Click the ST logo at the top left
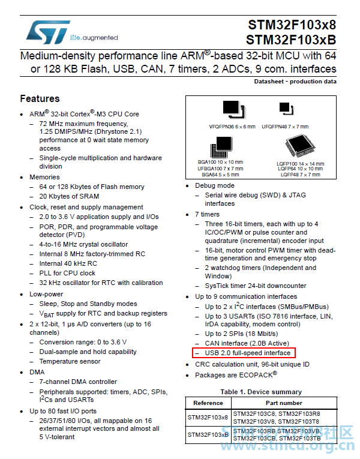point(48,32)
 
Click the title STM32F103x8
point(292,25)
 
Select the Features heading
point(40,98)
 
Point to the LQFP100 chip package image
point(300,146)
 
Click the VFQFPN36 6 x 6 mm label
point(232,127)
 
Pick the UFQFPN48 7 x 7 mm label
point(285,127)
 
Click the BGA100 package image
point(221,147)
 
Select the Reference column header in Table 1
point(208,403)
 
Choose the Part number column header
point(284,403)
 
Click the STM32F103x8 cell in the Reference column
point(208,417)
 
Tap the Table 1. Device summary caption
point(261,392)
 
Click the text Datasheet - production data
point(295,82)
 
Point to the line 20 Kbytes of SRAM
point(69,196)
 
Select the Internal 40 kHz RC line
point(68,263)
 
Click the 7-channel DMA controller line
point(78,382)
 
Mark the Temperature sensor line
point(70,361)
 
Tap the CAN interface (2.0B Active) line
point(247,343)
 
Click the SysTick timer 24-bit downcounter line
point(256,286)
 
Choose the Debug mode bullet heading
point(215,185)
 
